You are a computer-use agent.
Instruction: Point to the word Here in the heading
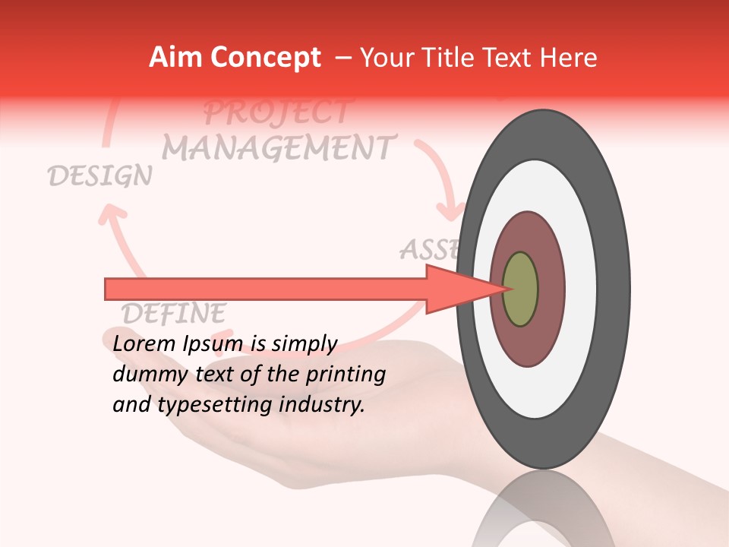coord(569,58)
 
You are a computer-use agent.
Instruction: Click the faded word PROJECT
coord(277,112)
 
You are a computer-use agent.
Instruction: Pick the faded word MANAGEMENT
coord(279,147)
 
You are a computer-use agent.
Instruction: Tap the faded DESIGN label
coord(99,176)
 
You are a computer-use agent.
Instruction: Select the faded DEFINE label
coord(174,312)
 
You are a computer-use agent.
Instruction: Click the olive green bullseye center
coord(520,289)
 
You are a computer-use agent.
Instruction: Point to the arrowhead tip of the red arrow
coord(504,289)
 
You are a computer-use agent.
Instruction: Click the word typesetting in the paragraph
coord(216,406)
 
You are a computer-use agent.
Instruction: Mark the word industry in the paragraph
coord(322,404)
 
